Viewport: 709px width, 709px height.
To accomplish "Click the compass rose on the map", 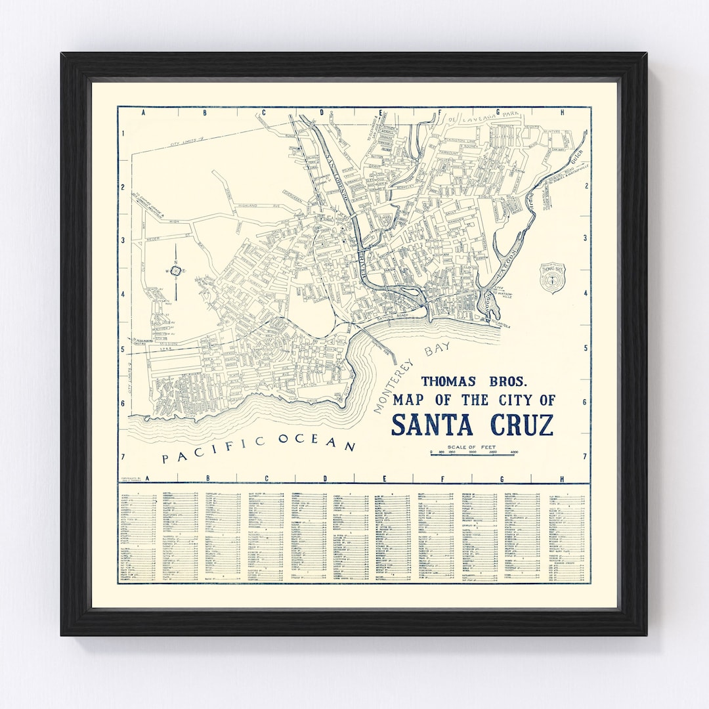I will point(176,270).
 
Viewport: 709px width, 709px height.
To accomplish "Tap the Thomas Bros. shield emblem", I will point(551,276).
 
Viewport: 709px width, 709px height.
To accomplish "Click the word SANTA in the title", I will point(432,425).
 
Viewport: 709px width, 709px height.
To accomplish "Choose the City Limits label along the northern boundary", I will point(188,140).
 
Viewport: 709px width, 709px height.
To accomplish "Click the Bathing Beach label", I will point(391,316).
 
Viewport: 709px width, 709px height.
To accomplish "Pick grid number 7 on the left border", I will point(123,456).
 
